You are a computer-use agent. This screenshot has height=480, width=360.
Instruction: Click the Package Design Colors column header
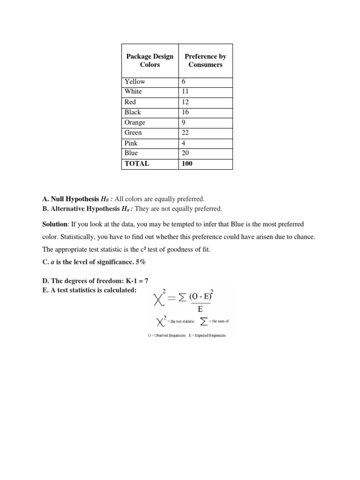[x=150, y=60]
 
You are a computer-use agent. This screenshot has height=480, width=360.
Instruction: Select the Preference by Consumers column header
[x=205, y=60]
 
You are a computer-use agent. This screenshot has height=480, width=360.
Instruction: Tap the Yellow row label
[x=135, y=82]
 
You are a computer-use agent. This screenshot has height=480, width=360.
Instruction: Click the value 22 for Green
[x=185, y=133]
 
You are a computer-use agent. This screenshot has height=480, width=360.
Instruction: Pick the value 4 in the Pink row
[x=183, y=143]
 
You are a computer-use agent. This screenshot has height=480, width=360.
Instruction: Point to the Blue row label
[x=131, y=153]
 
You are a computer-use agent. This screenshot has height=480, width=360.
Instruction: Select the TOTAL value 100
[x=187, y=164]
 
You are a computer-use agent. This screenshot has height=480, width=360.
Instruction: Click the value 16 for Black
[x=185, y=112]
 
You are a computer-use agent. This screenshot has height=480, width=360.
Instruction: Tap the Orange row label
[x=135, y=123]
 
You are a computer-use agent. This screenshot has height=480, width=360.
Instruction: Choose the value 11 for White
[x=185, y=92]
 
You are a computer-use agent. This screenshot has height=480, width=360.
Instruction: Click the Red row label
[x=130, y=102]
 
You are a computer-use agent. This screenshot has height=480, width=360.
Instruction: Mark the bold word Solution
[x=55, y=225]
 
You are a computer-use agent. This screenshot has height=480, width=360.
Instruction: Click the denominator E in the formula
[x=201, y=309]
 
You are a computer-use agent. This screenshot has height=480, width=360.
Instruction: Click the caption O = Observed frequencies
[x=166, y=335]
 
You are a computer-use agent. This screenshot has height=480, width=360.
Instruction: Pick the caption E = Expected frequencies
[x=207, y=335]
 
